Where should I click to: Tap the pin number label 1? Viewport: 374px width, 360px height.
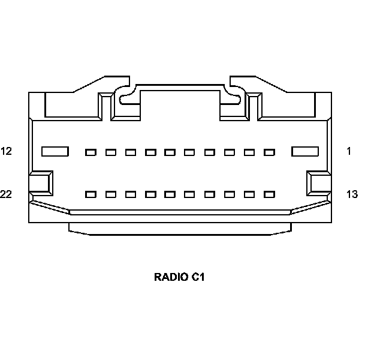[349, 151]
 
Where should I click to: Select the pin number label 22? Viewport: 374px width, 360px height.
[7, 194]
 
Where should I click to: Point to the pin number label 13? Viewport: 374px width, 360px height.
[352, 194]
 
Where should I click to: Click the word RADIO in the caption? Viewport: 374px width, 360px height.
[171, 277]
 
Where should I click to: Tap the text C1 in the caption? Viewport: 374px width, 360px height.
[199, 277]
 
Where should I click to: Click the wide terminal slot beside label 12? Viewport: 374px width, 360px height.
[55, 152]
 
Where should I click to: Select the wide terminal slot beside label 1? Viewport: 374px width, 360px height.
[304, 152]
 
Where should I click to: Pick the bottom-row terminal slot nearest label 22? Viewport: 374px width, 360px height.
[91, 194]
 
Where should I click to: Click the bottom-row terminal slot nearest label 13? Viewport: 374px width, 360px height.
[269, 194]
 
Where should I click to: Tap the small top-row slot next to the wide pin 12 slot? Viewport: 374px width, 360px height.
[91, 152]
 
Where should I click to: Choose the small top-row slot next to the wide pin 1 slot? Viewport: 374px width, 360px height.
[269, 152]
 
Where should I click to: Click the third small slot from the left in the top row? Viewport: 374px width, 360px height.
[131, 152]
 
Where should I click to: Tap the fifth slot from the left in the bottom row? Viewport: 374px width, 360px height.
[170, 194]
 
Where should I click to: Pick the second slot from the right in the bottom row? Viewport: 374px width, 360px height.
[249, 194]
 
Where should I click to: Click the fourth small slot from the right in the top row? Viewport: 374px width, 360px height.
[210, 152]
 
